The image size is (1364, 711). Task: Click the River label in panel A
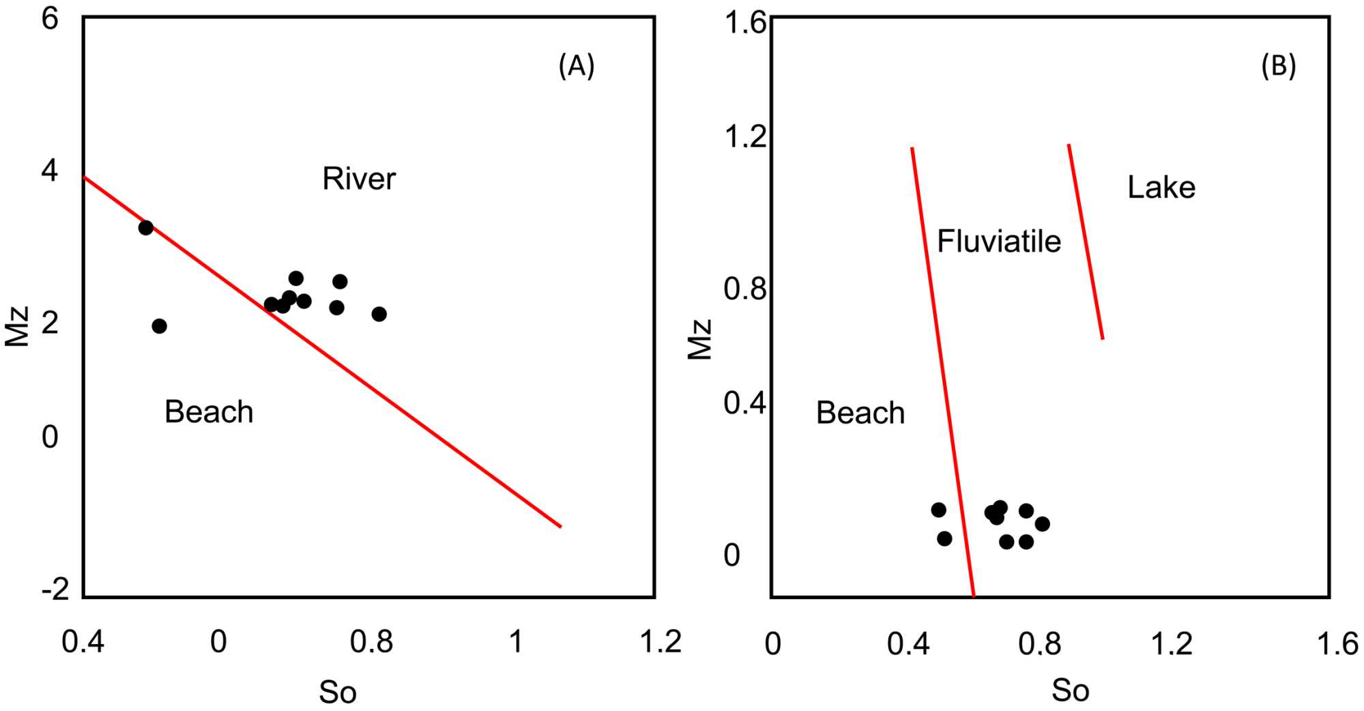[358, 179]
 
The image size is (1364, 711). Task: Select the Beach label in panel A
[209, 412]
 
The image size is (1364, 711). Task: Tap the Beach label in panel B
[860, 413]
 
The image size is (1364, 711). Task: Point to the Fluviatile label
[998, 242]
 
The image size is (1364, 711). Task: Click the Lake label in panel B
[1161, 188]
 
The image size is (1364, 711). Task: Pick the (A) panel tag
[577, 66]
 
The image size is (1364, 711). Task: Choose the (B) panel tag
[1278, 66]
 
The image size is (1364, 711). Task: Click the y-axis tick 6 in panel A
[50, 19]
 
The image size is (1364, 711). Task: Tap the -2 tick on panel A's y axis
[55, 588]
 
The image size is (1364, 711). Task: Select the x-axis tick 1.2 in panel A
[661, 642]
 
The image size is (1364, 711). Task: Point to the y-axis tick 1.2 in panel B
[745, 136]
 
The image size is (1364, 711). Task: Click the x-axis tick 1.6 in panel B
[1337, 643]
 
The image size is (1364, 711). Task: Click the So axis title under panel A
[338, 693]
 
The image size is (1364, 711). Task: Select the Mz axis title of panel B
[700, 339]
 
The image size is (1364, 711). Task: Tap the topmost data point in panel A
[145, 228]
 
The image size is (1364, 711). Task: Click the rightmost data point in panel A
[379, 314]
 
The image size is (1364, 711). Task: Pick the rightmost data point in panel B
[1042, 524]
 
